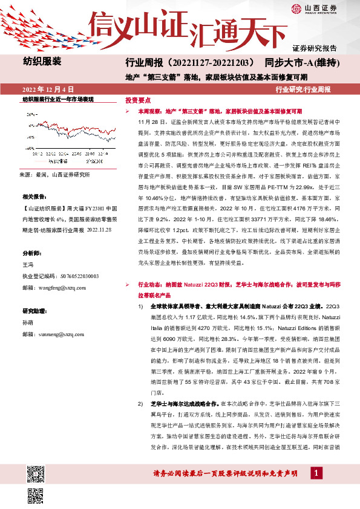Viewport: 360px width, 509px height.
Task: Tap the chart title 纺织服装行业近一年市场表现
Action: point(58,98)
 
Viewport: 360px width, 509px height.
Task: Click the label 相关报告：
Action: point(35,197)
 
